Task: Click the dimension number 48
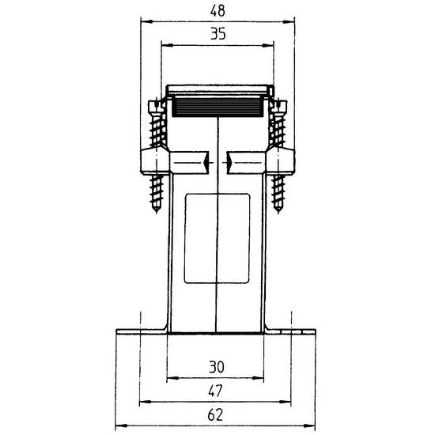[x=217, y=11]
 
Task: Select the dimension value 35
[x=217, y=34]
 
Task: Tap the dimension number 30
[x=217, y=367]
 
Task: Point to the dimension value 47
[x=216, y=391]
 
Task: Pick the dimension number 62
[x=215, y=415]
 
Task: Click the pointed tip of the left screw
[x=157, y=213]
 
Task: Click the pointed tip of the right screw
[x=278, y=213]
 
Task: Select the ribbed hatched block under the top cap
[x=217, y=106]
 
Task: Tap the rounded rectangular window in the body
[x=217, y=238]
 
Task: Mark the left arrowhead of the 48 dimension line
[x=146, y=21]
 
